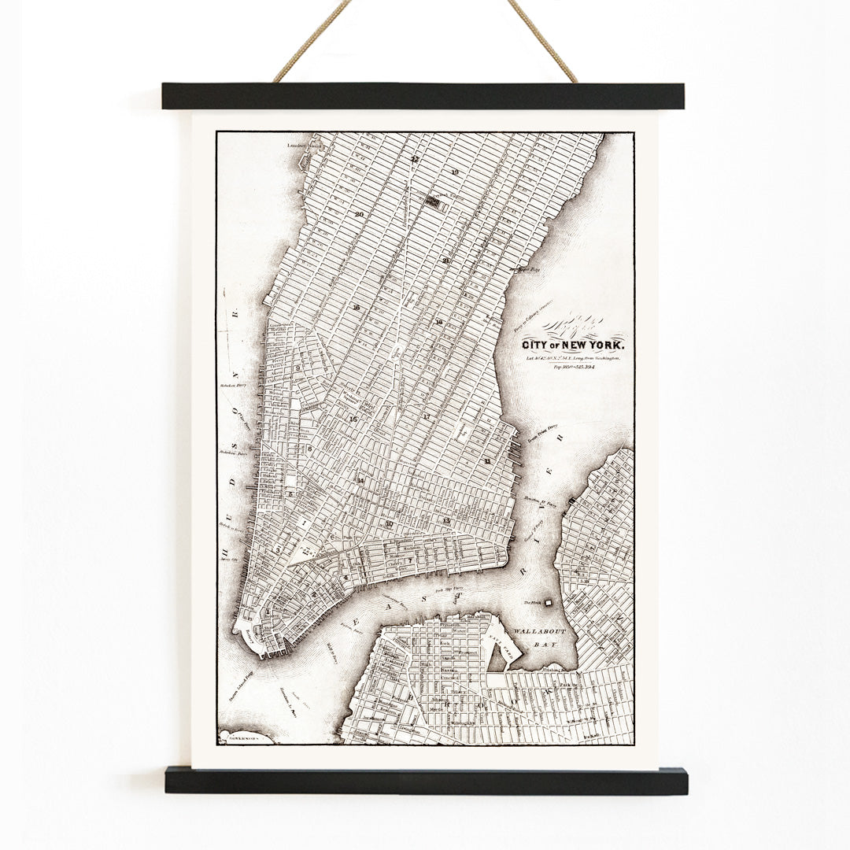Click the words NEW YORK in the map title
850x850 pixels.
point(591,346)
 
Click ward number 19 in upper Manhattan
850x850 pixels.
point(454,172)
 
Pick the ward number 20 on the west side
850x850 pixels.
point(359,214)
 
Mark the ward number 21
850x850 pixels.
point(446,261)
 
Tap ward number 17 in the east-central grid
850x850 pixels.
point(427,416)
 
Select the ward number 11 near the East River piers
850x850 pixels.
point(489,460)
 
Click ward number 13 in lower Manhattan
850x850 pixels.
point(446,520)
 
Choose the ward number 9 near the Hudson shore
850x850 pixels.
point(298,368)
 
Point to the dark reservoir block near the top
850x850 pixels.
point(431,201)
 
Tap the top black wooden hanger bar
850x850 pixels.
point(423,96)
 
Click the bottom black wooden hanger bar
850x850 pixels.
point(426,781)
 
